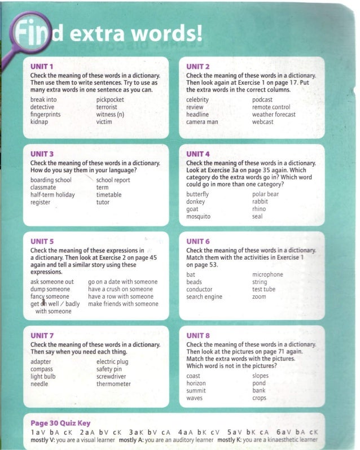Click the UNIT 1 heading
pyautogui.click(x=42, y=67)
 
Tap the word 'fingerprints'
pyautogui.click(x=46, y=114)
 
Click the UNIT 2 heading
pyautogui.click(x=198, y=67)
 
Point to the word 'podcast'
pyautogui.click(x=262, y=99)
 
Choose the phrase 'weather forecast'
pyautogui.click(x=274, y=114)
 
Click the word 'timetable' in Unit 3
pyautogui.click(x=109, y=195)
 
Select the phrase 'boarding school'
pyautogui.click(x=51, y=180)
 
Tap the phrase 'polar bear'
pyautogui.click(x=265, y=194)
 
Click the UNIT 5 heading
pyautogui.click(x=42, y=242)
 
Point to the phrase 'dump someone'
pyautogui.click(x=50, y=289)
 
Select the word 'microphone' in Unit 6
pyautogui.click(x=267, y=275)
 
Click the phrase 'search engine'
pyautogui.click(x=204, y=297)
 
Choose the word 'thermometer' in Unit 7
pyautogui.click(x=113, y=384)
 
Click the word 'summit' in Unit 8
pyautogui.click(x=196, y=391)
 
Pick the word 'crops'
pyautogui.click(x=259, y=398)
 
